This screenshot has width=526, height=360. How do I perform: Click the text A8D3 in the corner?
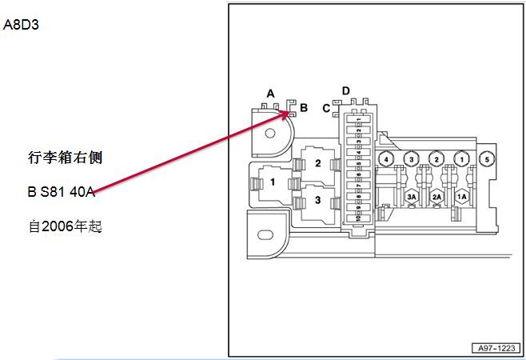click(x=22, y=25)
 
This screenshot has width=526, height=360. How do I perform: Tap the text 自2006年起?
click(x=66, y=226)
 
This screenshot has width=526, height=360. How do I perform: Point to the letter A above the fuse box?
click(x=270, y=94)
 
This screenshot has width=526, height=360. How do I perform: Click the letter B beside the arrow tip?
click(x=304, y=106)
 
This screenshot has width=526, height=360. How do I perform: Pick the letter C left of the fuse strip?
click(x=326, y=108)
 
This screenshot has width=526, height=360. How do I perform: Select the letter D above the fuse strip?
click(x=346, y=90)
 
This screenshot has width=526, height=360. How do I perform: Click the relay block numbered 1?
click(x=273, y=182)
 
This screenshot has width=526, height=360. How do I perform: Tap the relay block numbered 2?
click(x=317, y=163)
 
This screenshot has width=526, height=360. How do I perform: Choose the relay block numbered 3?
click(x=317, y=200)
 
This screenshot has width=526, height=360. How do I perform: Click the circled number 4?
click(x=386, y=159)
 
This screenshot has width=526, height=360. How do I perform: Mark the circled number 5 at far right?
click(x=485, y=159)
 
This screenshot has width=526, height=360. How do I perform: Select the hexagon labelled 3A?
click(x=412, y=195)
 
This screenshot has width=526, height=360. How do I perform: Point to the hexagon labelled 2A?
click(x=436, y=195)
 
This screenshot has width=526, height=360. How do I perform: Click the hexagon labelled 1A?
click(x=461, y=195)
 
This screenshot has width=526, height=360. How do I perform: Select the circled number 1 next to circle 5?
click(x=460, y=159)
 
